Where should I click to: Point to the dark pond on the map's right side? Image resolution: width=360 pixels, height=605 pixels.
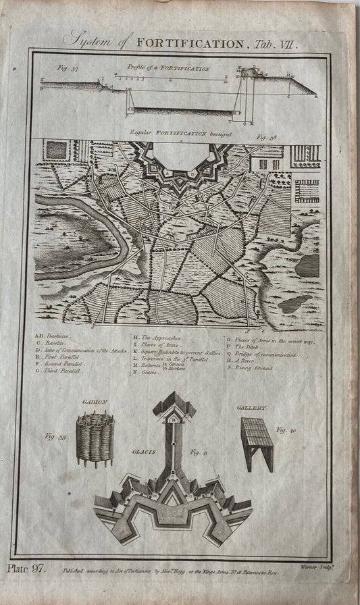pos(307,265)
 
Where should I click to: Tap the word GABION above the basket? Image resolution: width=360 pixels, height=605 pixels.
pos(95,403)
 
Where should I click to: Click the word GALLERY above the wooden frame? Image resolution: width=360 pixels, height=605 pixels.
pos(253,408)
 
